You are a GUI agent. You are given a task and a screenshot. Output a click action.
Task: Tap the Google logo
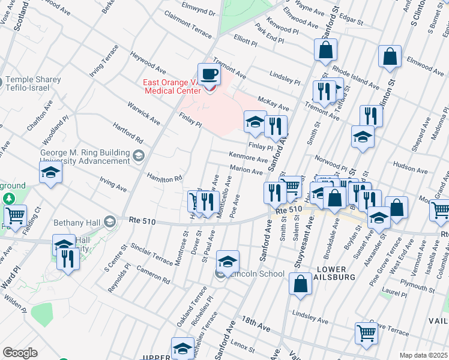point(20,352)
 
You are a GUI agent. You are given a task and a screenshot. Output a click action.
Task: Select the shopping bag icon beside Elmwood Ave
point(390,57)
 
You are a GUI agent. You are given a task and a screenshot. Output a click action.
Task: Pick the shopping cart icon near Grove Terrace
point(366,333)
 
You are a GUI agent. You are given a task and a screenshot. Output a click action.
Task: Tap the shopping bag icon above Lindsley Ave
point(300,284)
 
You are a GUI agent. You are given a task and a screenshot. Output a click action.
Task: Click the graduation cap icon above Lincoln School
point(228,262)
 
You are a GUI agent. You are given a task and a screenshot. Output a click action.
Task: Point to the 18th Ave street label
point(258,322)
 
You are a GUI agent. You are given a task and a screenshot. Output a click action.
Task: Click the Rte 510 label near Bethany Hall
point(142,221)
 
